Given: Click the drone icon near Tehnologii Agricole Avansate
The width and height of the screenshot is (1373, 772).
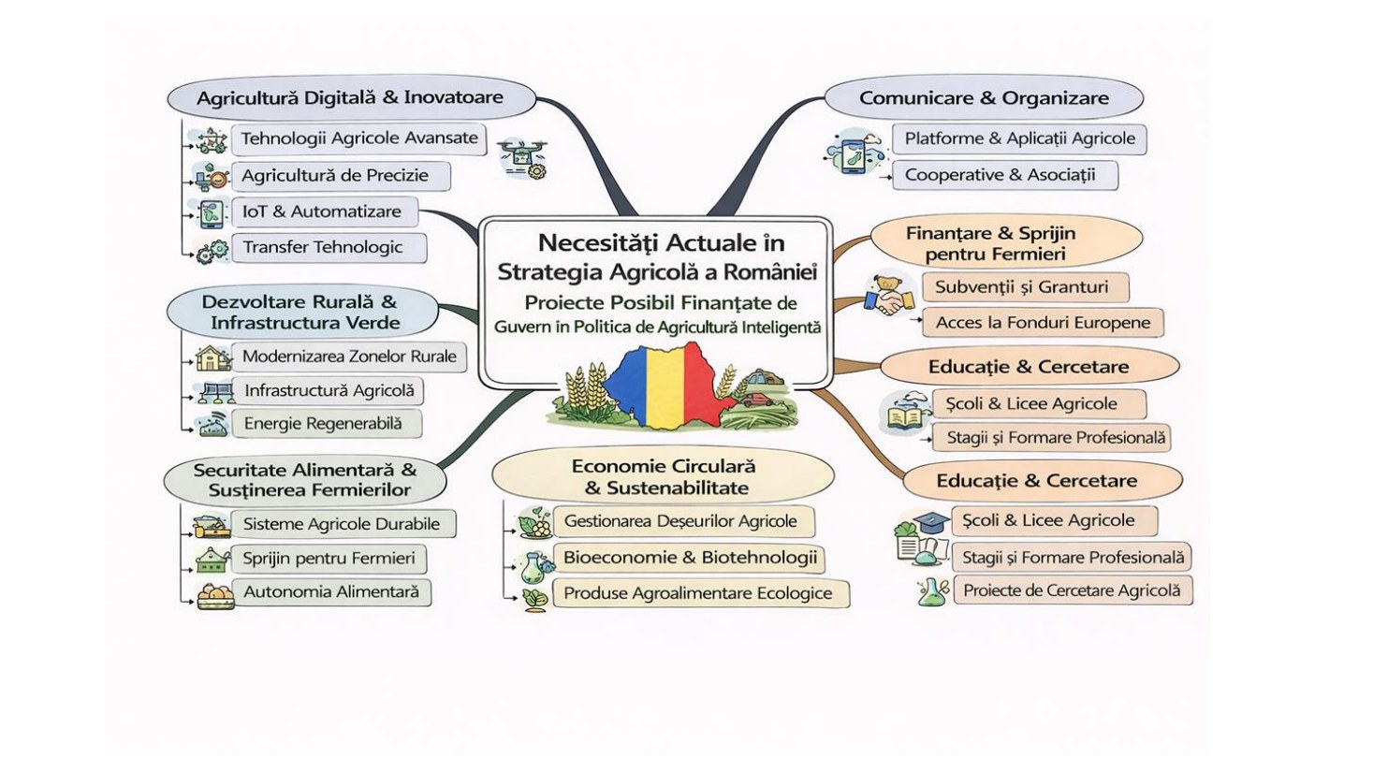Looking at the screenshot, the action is tap(523, 157).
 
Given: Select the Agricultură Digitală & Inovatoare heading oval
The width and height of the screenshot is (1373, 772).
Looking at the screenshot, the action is tap(352, 98).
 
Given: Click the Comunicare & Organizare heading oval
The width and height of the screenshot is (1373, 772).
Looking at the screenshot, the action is tap(984, 98).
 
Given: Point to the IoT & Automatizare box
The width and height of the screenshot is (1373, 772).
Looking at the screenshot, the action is tap(325, 212).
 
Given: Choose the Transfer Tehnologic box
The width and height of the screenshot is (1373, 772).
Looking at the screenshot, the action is tap(329, 248).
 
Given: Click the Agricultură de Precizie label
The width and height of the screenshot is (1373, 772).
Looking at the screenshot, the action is tap(335, 176).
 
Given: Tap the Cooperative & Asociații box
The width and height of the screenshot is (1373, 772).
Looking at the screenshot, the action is tap(1005, 175).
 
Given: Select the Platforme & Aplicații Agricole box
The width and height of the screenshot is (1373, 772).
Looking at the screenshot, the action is tap(1019, 139).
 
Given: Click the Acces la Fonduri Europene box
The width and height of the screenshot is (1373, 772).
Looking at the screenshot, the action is tap(1043, 323).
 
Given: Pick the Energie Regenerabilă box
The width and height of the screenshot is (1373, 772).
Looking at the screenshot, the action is tap(327, 424).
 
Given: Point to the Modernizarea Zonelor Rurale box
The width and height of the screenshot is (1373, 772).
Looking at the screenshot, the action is tap(349, 357).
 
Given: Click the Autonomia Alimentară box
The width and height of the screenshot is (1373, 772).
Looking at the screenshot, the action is tap(331, 592).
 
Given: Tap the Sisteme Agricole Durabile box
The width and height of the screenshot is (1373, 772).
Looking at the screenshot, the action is tap(343, 524).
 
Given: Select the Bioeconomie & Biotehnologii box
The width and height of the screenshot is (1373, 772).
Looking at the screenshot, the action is tap(689, 558).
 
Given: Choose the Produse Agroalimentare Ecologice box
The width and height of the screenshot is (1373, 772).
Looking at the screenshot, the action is tap(701, 593).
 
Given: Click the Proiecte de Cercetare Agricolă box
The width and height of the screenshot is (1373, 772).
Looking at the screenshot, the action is tap(1073, 590).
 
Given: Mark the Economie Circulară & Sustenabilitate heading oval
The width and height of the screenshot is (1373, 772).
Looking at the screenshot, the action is tap(663, 477).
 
